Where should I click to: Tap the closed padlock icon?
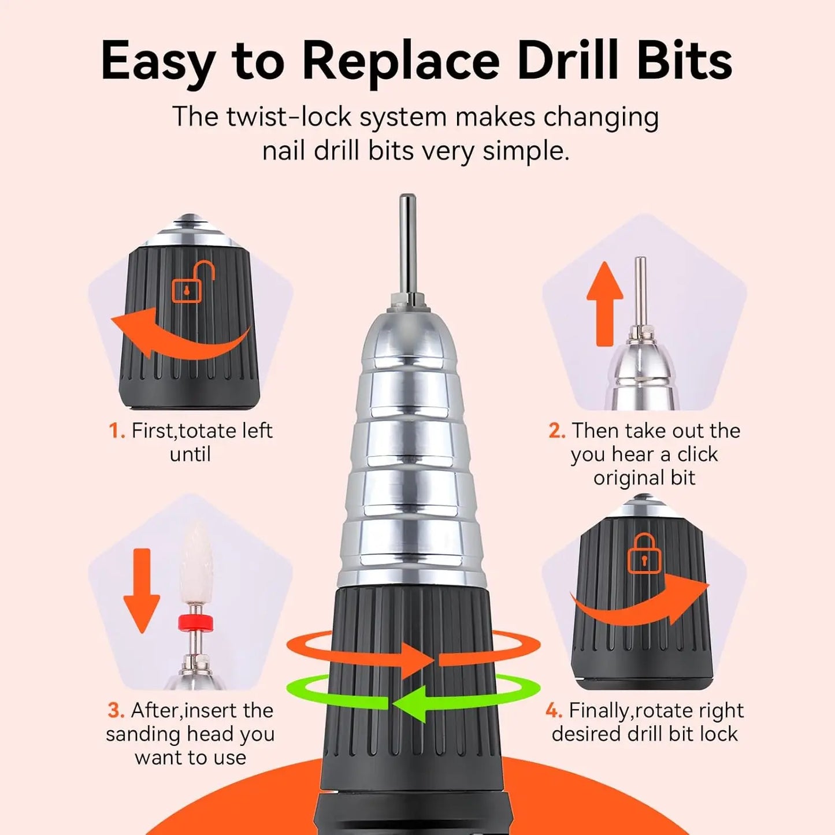coord(644,554)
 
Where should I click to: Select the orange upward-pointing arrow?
coord(604,303)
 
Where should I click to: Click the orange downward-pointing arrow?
coord(142,590)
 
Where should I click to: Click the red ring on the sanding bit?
coord(195,622)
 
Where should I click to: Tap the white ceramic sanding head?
coord(196,563)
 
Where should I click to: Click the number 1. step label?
coord(117,431)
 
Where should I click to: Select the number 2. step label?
coord(556,431)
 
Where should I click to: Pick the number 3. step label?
coord(116,711)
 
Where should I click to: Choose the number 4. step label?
coord(554,711)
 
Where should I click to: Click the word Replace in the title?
coord(400,61)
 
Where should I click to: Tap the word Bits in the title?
coord(684,61)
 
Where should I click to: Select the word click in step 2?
coord(697,455)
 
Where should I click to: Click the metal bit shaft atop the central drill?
coord(408,243)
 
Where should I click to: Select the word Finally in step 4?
coord(599,711)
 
